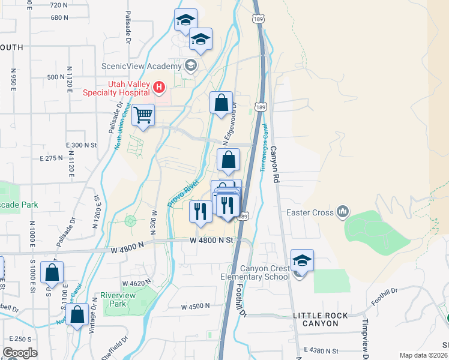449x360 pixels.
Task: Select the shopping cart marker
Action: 143,115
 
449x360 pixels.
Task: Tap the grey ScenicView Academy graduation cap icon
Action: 191,65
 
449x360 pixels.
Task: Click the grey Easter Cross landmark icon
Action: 343,211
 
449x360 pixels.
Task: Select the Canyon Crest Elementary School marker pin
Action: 302,261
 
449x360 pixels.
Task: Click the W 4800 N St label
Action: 210,240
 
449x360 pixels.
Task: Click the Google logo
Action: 20,352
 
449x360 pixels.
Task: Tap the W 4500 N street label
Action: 196,306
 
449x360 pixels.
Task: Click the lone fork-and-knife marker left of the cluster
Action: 199,211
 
